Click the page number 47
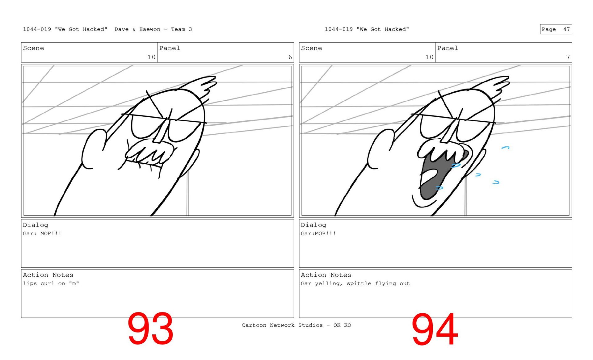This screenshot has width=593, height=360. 566,29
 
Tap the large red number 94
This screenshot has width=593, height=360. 435,329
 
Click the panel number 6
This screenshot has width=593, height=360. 290,57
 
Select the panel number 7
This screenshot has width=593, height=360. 568,57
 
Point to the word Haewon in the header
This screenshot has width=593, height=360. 150,29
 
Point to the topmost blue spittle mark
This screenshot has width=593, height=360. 505,148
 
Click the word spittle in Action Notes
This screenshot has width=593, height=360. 359,283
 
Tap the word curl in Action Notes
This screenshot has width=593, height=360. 47,283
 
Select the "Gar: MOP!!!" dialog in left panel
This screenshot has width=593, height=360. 42,233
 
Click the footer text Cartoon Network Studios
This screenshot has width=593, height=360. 282,325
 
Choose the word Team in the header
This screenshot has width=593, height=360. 178,29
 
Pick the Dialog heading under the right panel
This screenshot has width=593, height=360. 313,225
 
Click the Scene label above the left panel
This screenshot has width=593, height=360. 33,48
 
